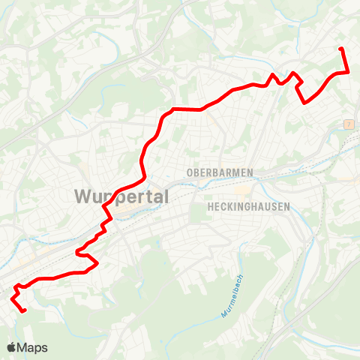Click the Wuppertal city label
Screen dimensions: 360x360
(121, 197)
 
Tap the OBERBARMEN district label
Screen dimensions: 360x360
(219, 172)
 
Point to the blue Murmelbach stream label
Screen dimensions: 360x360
(233, 296)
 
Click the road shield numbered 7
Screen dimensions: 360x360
(349, 123)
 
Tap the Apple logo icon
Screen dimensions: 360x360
(12, 347)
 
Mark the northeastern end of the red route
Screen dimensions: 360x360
(341, 49)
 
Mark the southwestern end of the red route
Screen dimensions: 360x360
(25, 310)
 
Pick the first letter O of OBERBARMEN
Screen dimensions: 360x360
(187, 172)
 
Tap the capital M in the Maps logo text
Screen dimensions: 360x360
(23, 347)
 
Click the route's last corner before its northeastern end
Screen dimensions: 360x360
(348, 72)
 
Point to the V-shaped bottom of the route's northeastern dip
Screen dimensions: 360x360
(304, 103)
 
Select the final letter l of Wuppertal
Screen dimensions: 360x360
(166, 196)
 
